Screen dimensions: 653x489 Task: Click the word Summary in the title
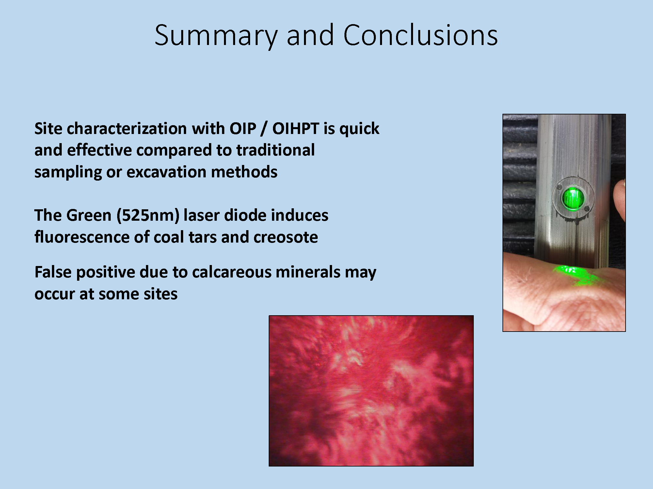(x=216, y=36)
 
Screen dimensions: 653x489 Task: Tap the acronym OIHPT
(x=295, y=128)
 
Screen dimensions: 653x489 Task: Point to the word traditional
(x=276, y=150)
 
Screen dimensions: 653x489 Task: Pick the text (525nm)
(x=148, y=216)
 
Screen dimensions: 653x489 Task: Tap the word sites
(x=160, y=294)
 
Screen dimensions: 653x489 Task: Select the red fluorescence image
(x=371, y=391)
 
